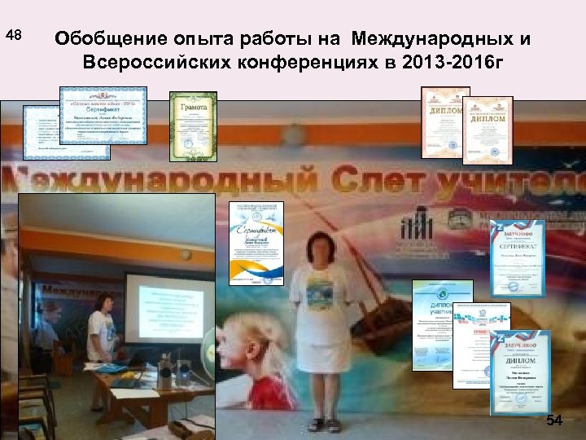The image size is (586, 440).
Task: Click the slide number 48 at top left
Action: [x=15, y=36]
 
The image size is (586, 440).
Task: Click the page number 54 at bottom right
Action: [x=554, y=420]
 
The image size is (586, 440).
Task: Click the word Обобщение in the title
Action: [x=111, y=39]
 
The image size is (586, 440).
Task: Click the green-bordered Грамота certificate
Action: [x=193, y=127]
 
